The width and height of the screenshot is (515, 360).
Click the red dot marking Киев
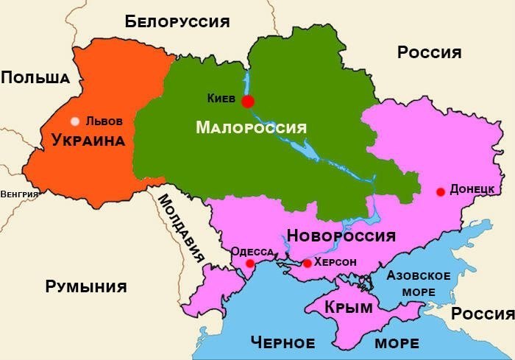click(x=248, y=102)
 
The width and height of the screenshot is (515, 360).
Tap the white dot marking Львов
click(x=74, y=121)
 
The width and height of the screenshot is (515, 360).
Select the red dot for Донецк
click(x=440, y=192)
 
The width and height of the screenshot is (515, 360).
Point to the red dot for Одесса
click(x=250, y=264)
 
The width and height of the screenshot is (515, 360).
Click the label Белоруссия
click(x=177, y=21)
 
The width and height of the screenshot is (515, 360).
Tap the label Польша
click(x=35, y=77)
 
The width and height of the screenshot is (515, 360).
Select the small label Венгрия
click(x=19, y=194)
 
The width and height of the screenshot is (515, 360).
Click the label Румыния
click(x=86, y=286)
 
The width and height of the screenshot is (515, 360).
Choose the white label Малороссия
click(x=250, y=127)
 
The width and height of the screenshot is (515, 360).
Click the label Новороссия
click(x=341, y=236)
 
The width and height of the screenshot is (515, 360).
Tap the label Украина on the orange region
click(x=88, y=141)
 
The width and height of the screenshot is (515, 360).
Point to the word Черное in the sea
click(x=283, y=342)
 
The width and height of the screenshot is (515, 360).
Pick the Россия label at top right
click(x=429, y=52)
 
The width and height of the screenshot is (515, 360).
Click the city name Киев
click(x=222, y=98)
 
